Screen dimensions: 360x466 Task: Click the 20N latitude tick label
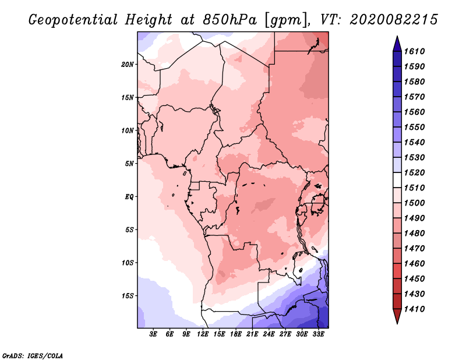[x=128, y=64]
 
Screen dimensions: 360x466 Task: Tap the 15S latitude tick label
[x=128, y=295]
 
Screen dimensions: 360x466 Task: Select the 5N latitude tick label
[x=129, y=163]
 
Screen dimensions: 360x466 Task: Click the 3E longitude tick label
[x=153, y=335]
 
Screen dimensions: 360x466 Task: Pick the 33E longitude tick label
[x=318, y=335]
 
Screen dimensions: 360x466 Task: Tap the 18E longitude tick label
[x=235, y=335]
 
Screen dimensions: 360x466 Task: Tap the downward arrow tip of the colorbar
[x=397, y=322]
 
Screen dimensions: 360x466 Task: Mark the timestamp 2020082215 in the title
[x=394, y=20]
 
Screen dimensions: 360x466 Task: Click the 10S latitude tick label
[x=128, y=262]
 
